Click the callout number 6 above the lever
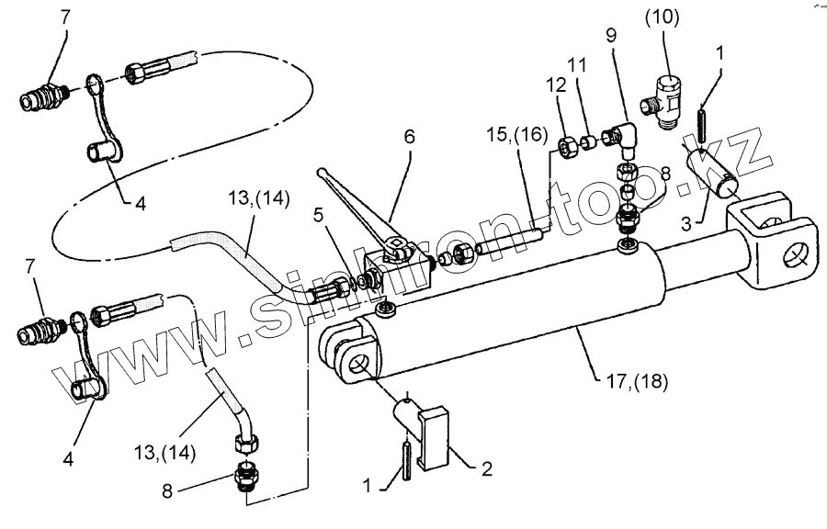[x=409, y=136]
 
